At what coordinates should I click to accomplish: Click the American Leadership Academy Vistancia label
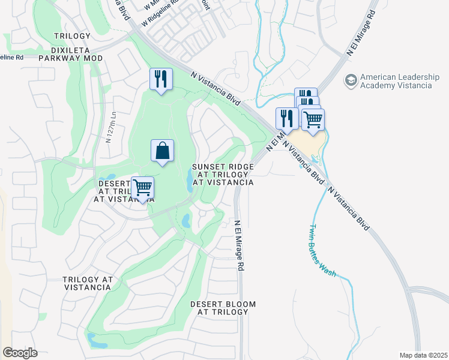click(x=396, y=81)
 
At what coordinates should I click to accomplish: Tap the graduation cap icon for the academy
click(x=351, y=79)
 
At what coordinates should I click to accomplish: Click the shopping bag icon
click(x=163, y=151)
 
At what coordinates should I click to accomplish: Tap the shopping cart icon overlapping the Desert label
click(x=142, y=188)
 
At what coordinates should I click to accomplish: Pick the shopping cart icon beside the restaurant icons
click(x=312, y=120)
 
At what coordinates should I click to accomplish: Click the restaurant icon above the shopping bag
click(x=161, y=79)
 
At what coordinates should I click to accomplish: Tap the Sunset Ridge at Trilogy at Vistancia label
click(x=222, y=174)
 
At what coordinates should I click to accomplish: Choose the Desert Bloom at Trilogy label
click(x=219, y=308)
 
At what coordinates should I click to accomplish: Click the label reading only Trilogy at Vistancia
click(x=87, y=284)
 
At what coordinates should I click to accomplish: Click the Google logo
click(x=20, y=353)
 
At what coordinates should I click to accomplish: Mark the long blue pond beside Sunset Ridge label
click(x=190, y=180)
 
